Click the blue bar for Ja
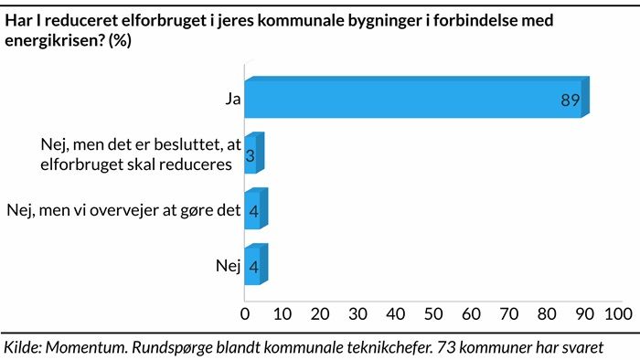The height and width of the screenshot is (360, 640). [x=417, y=97]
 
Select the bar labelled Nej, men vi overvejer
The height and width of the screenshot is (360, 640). [x=256, y=208]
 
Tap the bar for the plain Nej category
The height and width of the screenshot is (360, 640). [x=256, y=264]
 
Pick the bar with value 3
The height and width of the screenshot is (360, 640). [x=254, y=153]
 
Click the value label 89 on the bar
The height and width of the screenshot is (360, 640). [x=571, y=100]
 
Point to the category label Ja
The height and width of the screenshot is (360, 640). [x=233, y=99]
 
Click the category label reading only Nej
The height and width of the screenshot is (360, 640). [x=229, y=266]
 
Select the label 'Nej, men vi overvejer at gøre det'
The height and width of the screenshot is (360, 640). [x=123, y=210]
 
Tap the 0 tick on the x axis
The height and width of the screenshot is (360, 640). [x=245, y=314]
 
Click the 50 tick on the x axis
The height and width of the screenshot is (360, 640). [x=433, y=314]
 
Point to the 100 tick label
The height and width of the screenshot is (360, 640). [x=619, y=314]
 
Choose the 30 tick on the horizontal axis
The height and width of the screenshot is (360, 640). [x=357, y=314]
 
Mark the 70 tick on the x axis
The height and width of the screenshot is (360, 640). [x=509, y=314]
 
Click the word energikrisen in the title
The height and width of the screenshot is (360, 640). [x=54, y=40]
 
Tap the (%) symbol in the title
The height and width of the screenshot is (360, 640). [x=120, y=40]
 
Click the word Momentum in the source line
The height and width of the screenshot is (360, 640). [x=87, y=347]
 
